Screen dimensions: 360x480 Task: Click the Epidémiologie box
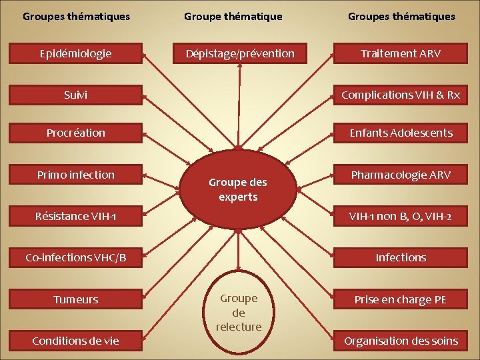[75, 53]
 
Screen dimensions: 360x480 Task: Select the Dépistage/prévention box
[239, 53]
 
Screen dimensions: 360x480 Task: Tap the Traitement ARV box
[401, 53]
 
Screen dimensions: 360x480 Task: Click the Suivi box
[75, 95]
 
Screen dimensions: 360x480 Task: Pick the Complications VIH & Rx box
[401, 95]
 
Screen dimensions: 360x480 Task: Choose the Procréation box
[75, 133]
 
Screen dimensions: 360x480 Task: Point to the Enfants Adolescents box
[401, 133]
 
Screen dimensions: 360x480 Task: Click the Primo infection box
[75, 175]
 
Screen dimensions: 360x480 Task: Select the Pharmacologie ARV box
[401, 175]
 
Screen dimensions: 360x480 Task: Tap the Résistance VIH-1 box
[75, 216]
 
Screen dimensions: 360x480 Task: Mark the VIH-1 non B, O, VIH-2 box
[401, 216]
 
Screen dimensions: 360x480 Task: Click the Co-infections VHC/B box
[75, 257]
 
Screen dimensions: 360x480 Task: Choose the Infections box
[401, 257]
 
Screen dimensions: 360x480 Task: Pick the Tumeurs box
[75, 299]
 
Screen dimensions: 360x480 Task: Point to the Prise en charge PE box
[401, 299]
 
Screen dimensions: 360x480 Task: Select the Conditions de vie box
[75, 341]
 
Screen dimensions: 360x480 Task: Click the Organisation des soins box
[401, 341]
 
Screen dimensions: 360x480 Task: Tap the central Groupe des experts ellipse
[238, 190]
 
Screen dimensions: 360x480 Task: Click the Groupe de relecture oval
[239, 313]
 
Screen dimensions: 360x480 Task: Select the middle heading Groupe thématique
[233, 16]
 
